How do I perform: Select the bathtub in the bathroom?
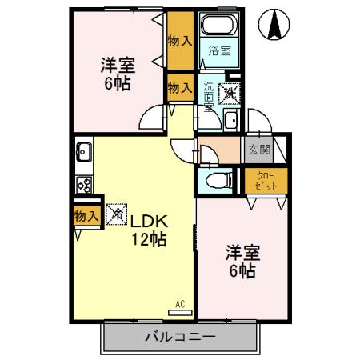(218, 26)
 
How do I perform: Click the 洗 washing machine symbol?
(228, 92)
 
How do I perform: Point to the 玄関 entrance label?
(259, 149)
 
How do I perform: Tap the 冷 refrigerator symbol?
(116, 214)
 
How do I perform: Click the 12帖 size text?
(149, 238)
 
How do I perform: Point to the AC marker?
(180, 303)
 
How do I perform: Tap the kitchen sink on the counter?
(82, 149)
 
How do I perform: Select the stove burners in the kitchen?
(82, 184)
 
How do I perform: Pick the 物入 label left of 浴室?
(180, 41)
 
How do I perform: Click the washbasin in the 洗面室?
(230, 121)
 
